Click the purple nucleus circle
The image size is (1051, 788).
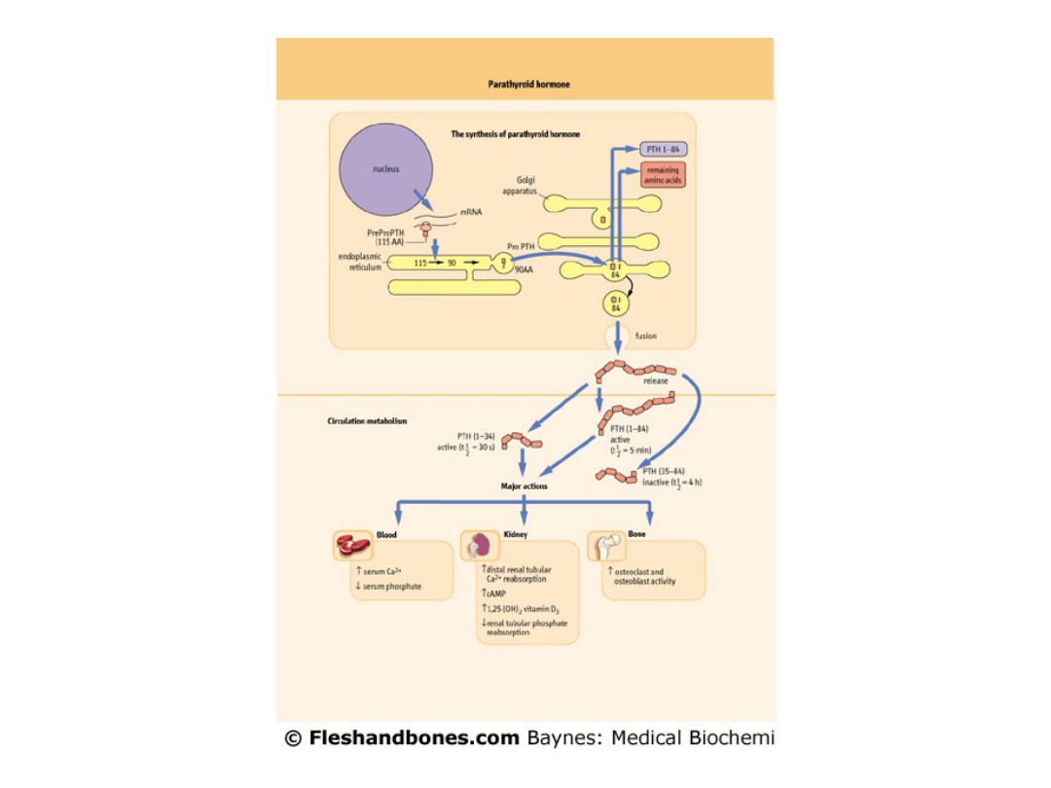click(x=385, y=169)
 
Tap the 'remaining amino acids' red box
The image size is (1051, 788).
click(x=664, y=176)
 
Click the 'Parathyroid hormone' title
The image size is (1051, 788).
click(x=528, y=85)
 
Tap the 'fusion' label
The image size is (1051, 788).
click(x=646, y=337)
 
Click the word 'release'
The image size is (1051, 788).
click(x=655, y=380)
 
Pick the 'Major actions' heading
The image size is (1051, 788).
click(x=524, y=485)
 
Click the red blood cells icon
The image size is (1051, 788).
click(x=352, y=546)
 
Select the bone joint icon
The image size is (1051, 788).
click(x=606, y=545)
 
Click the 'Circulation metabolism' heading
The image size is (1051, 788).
click(x=367, y=421)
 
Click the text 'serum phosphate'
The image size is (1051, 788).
click(x=392, y=587)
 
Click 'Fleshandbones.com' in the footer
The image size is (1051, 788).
click(x=414, y=737)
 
